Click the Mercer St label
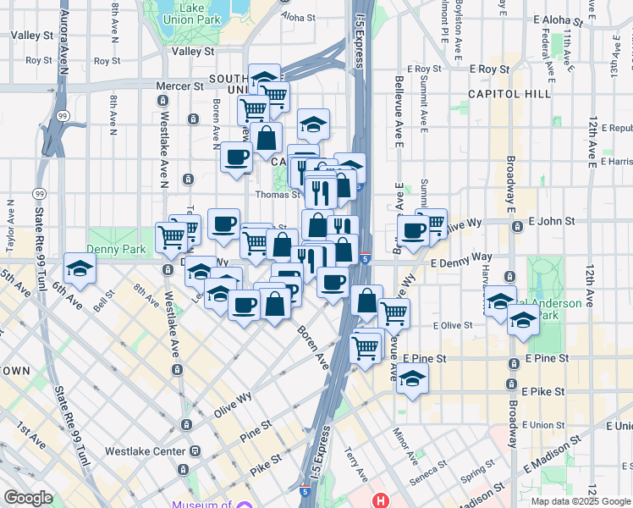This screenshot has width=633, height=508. click(x=180, y=86)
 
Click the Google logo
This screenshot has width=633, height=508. click(x=28, y=498)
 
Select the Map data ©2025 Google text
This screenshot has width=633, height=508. click(x=581, y=501)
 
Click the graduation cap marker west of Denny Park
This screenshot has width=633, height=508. click(x=80, y=268)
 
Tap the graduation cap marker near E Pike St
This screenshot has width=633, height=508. click(x=412, y=378)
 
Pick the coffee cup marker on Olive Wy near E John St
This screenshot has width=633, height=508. click(x=414, y=230)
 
